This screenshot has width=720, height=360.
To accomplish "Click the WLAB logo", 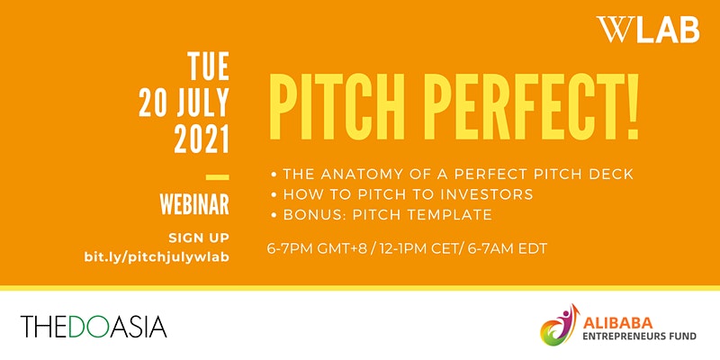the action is coord(648,30).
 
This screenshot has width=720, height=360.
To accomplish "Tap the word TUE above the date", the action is coord(208,66).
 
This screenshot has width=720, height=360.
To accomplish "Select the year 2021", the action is coord(202,139).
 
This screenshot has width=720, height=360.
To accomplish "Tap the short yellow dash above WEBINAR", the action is coord(217,176).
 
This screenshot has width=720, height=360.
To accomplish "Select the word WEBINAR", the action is coord(194,205).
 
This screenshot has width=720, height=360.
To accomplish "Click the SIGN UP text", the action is coord(199,238).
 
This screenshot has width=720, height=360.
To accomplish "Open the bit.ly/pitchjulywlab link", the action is coord(157,257).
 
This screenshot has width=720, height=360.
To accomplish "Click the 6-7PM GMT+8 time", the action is coord(317,249).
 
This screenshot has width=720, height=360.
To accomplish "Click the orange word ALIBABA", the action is coord(617,323).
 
